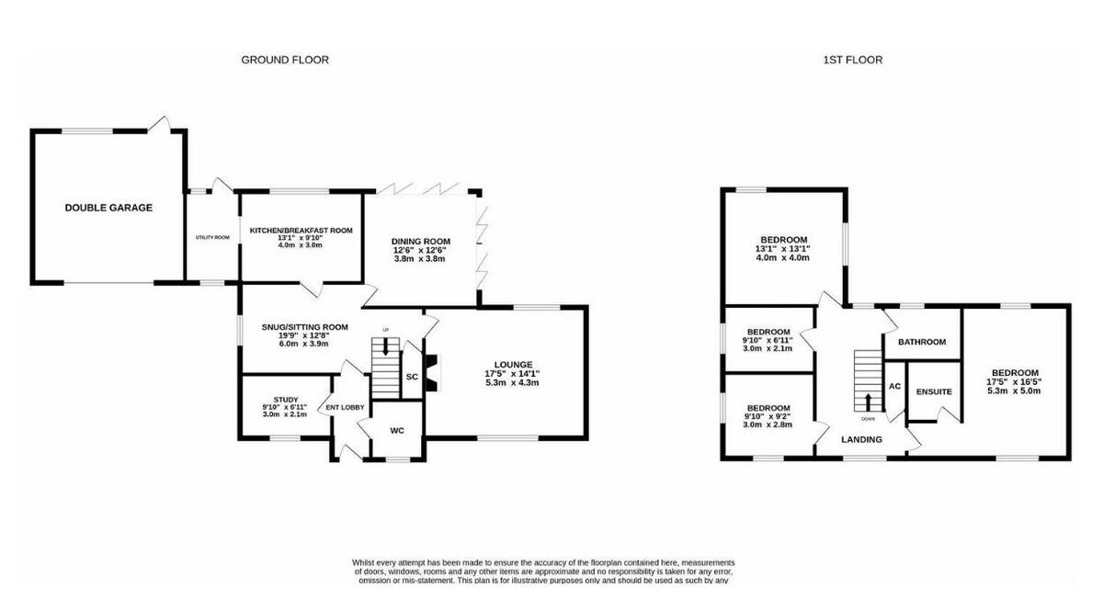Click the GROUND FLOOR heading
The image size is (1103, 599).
click(285, 60)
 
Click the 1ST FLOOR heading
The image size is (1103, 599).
click(852, 60)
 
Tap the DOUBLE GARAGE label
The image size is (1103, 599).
click(108, 208)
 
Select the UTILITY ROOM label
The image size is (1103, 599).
click(211, 237)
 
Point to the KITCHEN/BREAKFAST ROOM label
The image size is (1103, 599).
click(301, 231)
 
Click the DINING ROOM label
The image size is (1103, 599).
click(420, 241)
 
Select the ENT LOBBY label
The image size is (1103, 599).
click(346, 408)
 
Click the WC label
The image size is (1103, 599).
click(397, 430)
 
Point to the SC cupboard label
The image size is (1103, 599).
click(412, 377)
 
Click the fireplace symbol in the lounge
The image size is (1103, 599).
click(433, 373)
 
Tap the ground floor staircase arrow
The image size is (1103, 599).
click(385, 346)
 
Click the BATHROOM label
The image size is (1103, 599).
click(922, 342)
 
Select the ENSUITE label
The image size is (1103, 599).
click(934, 392)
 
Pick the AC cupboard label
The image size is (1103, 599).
click(893, 387)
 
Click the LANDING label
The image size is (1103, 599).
click(862, 439)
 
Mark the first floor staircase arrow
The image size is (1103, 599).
click(868, 401)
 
